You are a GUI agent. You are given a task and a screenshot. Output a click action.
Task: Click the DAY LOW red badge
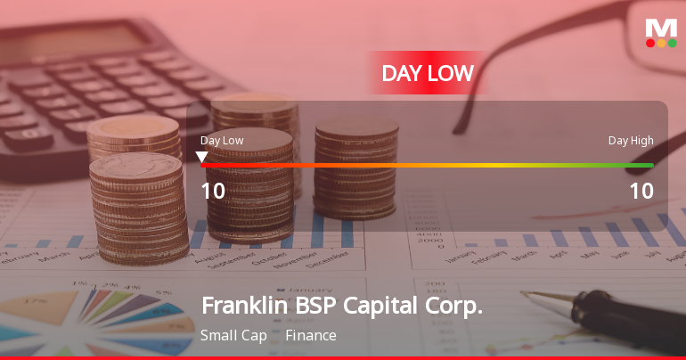(x=428, y=73)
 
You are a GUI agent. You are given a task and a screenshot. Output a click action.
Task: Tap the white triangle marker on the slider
(x=201, y=158)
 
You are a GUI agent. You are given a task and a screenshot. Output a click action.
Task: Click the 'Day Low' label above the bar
(x=222, y=140)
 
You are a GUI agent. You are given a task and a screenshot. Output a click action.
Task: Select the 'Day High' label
(x=631, y=140)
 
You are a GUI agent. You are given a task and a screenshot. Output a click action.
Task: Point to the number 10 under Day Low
(x=213, y=192)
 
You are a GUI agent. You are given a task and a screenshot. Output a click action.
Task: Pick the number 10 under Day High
(x=641, y=192)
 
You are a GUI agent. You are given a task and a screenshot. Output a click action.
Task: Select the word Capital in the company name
(x=384, y=306)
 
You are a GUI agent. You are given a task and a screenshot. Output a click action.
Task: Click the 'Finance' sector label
(x=311, y=336)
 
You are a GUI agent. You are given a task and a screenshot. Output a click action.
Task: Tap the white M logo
(x=661, y=28)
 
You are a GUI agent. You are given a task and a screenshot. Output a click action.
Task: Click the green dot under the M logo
(x=673, y=43)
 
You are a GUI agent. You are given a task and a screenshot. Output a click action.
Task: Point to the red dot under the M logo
(x=650, y=43)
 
